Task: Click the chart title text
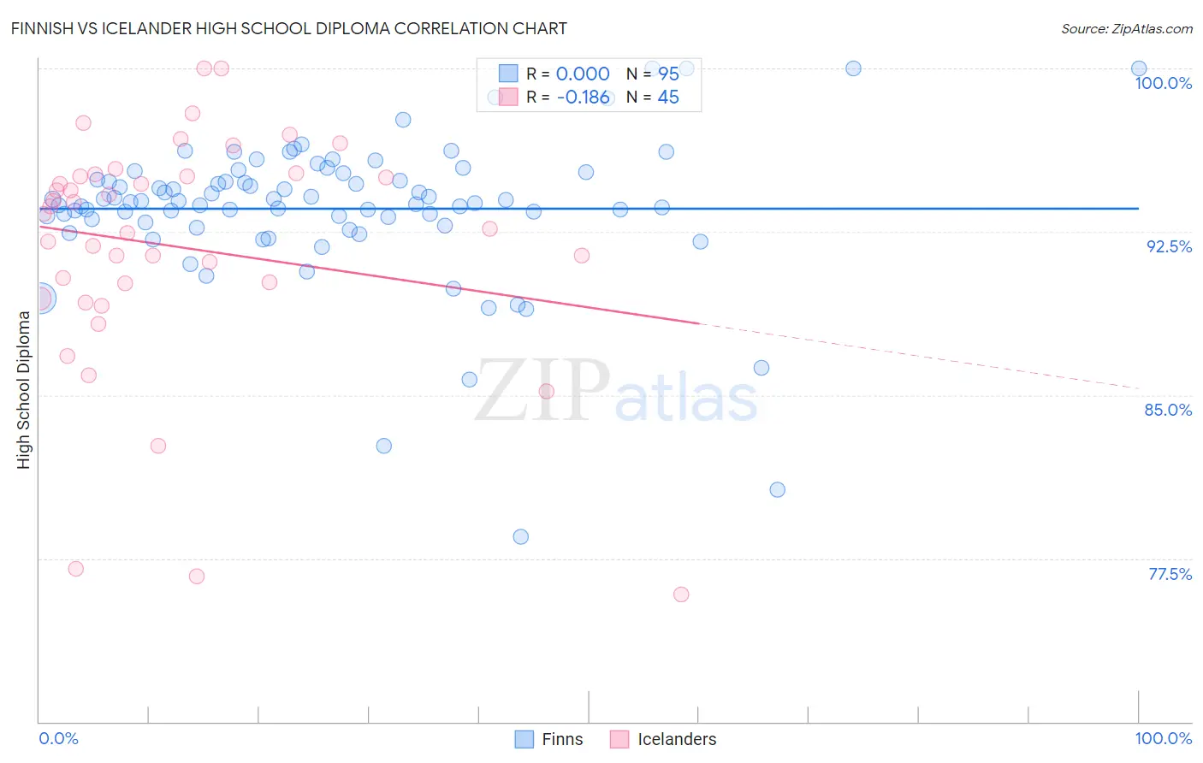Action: coord(288,28)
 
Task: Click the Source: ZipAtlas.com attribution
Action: coord(1126,29)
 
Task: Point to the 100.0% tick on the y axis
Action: coord(1163,83)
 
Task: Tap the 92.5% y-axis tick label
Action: coord(1169,246)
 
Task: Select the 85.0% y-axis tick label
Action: coord(1168,410)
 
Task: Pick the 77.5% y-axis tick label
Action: coord(1170,574)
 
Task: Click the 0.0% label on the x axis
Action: coord(58,738)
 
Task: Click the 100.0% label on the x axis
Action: coord(1163,738)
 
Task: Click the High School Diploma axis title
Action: coord(24,389)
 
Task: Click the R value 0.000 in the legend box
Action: coord(583,74)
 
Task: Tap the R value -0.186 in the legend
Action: coord(583,98)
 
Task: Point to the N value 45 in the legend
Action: coord(668,98)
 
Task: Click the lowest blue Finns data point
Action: coord(521,537)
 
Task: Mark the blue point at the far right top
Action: coord(1139,68)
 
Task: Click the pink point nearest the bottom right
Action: coord(681,594)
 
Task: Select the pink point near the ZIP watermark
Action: coord(546,392)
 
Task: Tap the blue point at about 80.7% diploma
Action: coord(777,490)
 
